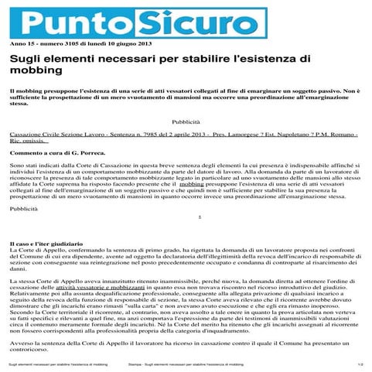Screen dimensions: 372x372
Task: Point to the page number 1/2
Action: click(x=360, y=363)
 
